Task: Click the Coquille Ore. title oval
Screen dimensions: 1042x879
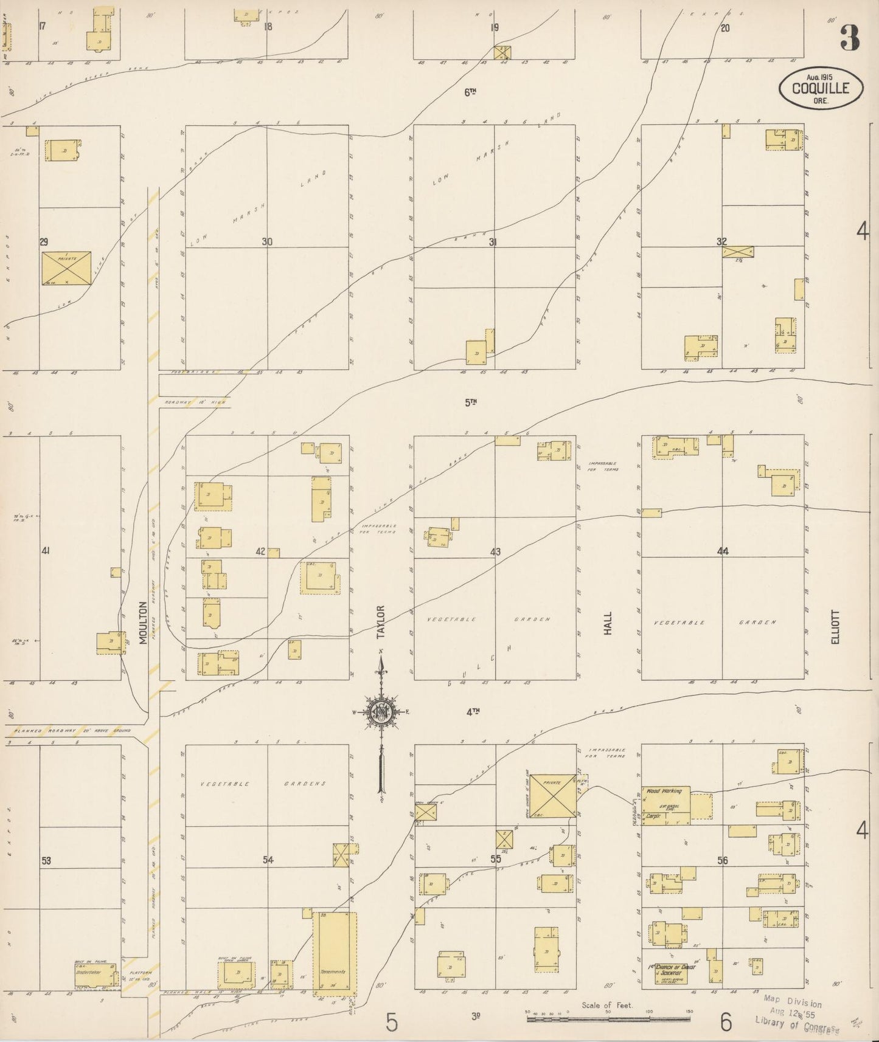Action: [x=821, y=88]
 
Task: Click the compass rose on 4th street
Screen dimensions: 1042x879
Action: [x=381, y=711]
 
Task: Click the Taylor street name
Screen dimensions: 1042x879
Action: [x=381, y=621]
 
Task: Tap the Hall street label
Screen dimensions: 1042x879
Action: [x=608, y=623]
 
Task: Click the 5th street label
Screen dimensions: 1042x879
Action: [x=470, y=402]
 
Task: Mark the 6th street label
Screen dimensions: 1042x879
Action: [x=470, y=92]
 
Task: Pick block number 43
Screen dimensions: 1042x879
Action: [x=495, y=552]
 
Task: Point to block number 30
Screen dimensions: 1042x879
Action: [x=267, y=242]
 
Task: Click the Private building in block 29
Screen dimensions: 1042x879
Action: [x=66, y=267]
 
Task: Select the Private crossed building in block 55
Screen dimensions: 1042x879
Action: [x=552, y=795]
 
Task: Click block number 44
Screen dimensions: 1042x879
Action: [x=722, y=551]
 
